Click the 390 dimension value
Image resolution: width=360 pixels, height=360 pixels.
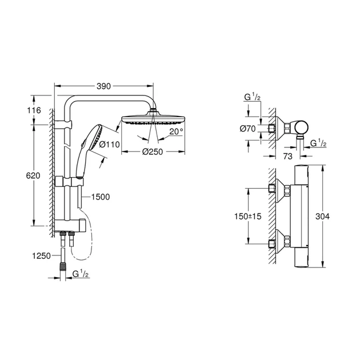[103, 86]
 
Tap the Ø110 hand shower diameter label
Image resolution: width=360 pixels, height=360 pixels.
[109, 145]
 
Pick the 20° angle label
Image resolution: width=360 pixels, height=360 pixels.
[177, 131]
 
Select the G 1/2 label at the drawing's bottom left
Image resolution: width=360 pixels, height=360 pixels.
[81, 274]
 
